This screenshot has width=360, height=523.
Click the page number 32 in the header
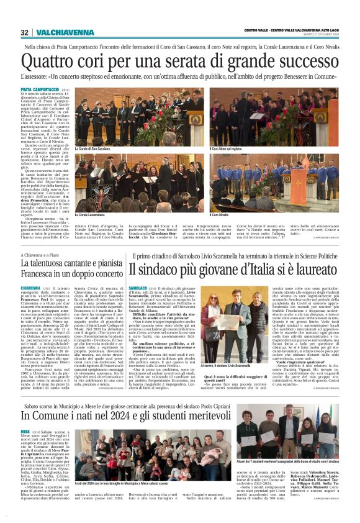24,32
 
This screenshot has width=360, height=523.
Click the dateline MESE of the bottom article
25,413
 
